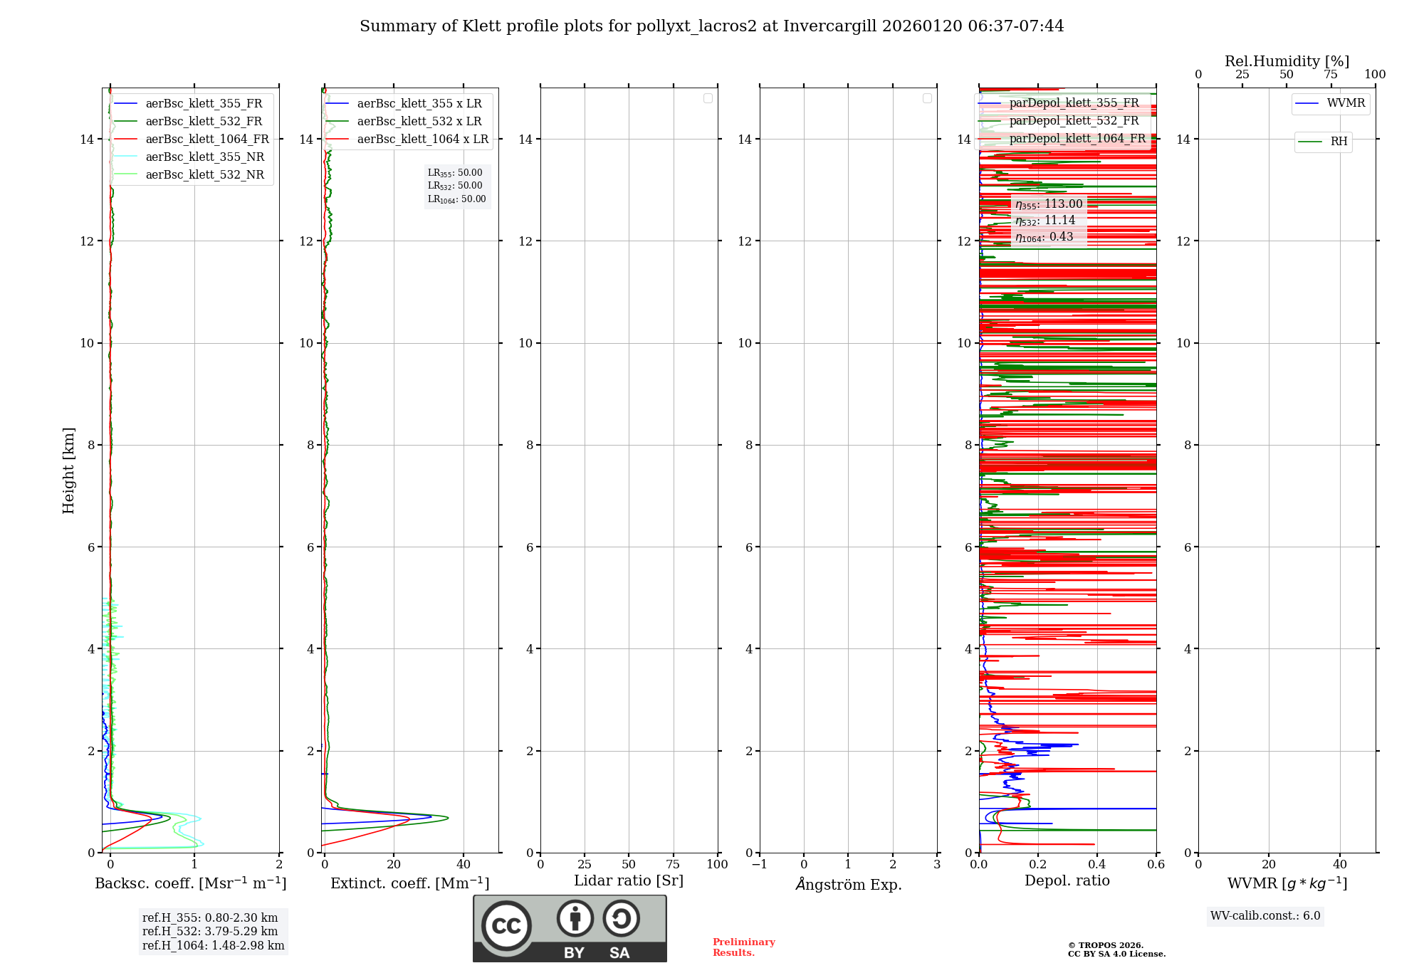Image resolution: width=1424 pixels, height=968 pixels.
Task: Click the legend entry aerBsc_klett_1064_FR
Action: [206, 140]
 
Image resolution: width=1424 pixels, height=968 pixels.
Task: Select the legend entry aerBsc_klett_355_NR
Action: [204, 157]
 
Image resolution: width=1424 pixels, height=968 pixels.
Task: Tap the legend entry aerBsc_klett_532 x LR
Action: [419, 122]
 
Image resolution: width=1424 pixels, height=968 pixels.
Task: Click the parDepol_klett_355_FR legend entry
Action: [1073, 103]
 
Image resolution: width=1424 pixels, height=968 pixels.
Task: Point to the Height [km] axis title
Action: [68, 470]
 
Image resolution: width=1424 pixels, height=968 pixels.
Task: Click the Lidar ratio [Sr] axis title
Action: [628, 880]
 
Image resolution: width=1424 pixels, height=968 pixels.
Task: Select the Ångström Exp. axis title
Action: [848, 884]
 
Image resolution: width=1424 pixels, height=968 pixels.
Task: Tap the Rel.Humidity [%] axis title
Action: [1287, 61]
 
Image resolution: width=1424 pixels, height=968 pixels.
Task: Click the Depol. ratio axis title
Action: [1067, 880]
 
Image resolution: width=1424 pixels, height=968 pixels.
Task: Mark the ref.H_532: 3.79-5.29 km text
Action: [210, 931]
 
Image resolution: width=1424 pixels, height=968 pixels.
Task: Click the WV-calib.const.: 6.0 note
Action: [1265, 915]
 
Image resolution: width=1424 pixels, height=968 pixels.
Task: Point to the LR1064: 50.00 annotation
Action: [456, 199]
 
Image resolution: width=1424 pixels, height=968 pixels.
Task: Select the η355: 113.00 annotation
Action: [1049, 204]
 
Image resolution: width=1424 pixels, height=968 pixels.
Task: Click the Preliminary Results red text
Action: [743, 947]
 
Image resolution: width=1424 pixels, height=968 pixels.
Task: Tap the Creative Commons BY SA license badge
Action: [570, 928]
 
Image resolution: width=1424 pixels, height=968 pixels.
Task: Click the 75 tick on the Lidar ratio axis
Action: [673, 864]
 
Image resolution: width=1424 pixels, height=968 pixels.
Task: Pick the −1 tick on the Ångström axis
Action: [759, 864]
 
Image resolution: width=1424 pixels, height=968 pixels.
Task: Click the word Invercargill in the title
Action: [829, 26]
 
